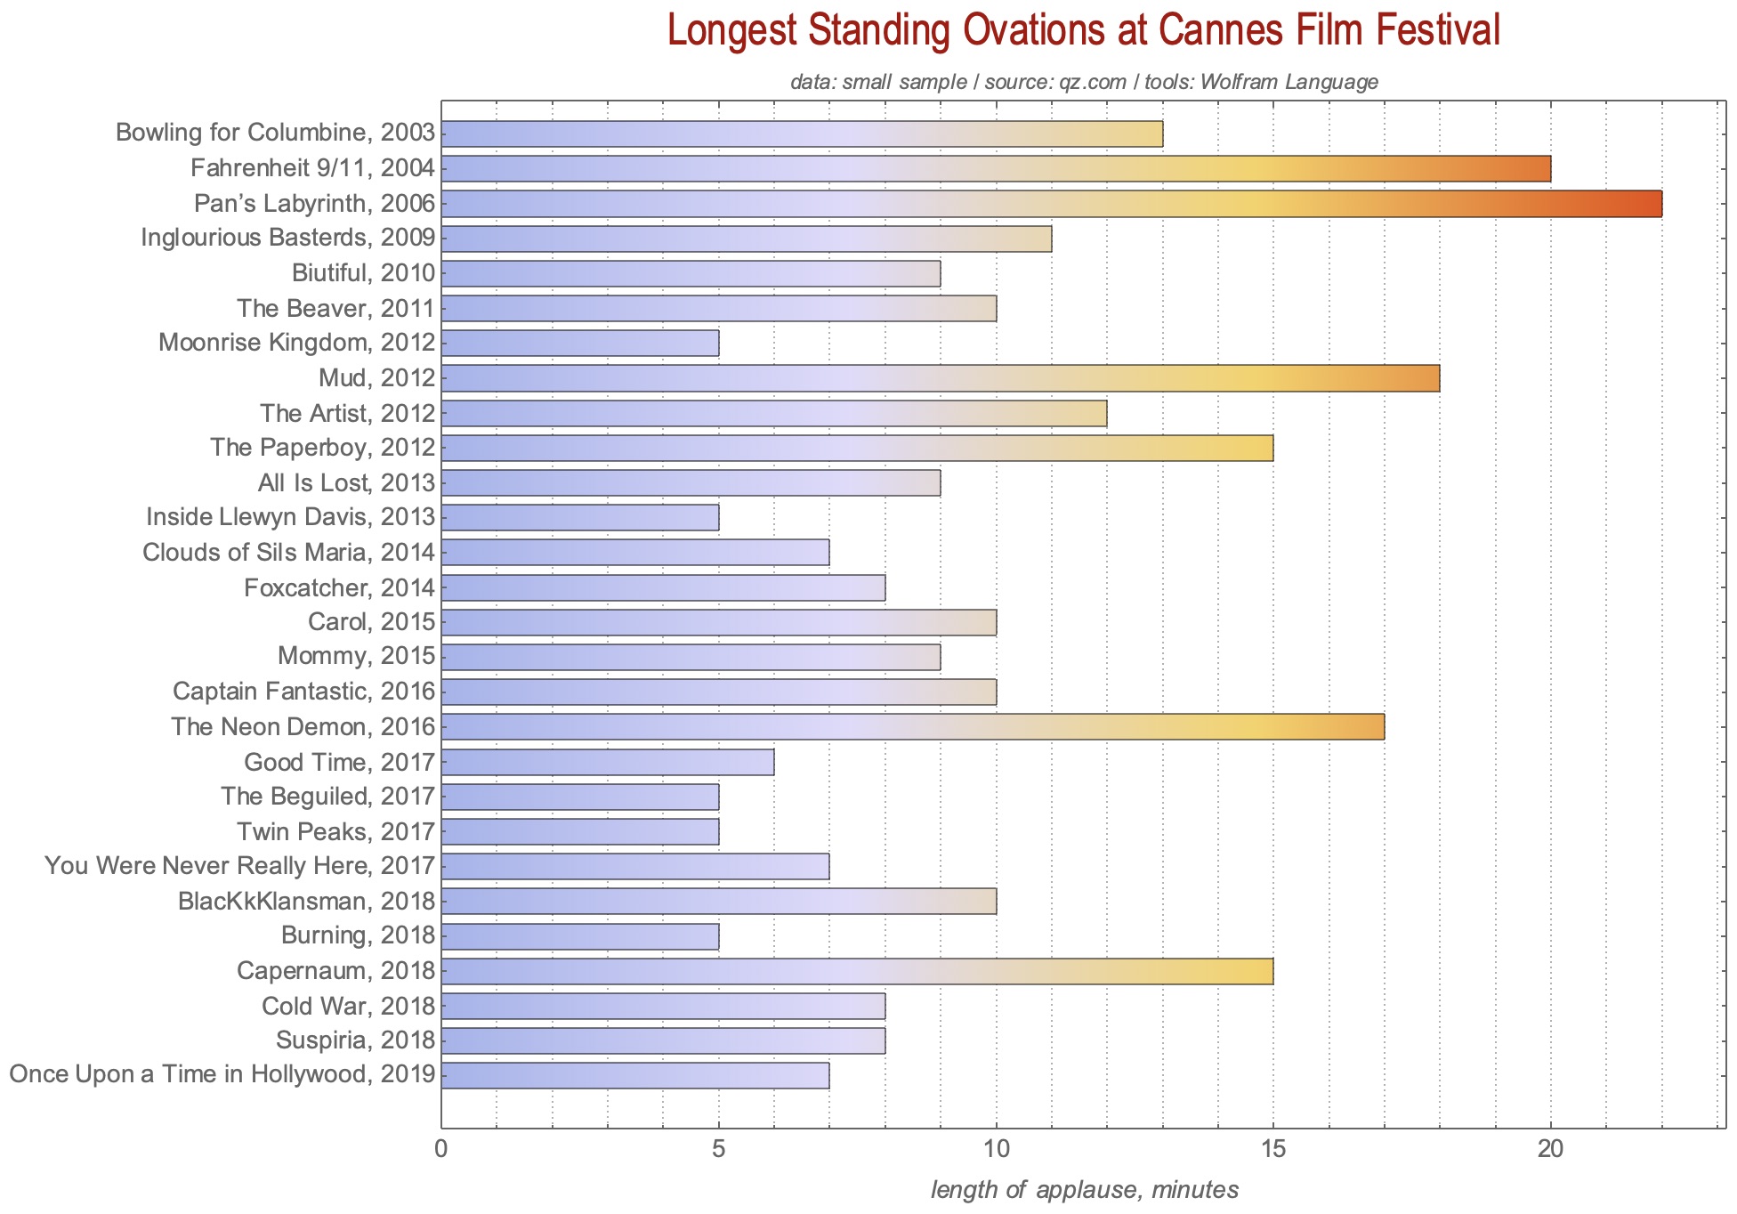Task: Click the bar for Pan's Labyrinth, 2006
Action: coord(1050,204)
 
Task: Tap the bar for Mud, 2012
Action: coord(940,378)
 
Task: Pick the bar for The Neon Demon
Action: coord(912,727)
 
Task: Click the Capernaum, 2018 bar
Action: coord(856,971)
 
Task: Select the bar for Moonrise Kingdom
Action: coord(579,344)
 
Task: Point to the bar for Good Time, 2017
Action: coord(607,762)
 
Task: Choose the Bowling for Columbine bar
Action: coord(801,134)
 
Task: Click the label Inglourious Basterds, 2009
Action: coord(288,239)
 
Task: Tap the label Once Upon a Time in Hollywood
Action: coord(222,1075)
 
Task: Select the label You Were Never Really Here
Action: coord(240,866)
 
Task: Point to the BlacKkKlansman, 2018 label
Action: coord(307,902)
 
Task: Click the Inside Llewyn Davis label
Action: coord(291,517)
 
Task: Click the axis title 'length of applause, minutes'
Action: coord(1084,1190)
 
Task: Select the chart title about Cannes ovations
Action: coord(1084,31)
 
